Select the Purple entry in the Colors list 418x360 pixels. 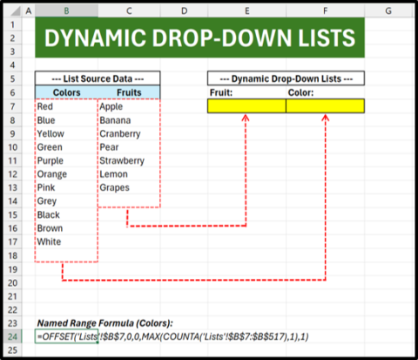click(51, 160)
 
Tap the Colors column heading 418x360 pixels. click(66, 92)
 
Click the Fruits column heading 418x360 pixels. click(129, 92)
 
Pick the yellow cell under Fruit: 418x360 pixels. click(246, 105)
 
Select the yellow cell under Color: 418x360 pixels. click(325, 105)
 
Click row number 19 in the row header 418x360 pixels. click(12, 269)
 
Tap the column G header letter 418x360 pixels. click(388, 11)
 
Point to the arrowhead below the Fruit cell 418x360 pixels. click(246, 117)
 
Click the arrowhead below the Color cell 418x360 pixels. click(326, 117)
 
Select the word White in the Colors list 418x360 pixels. click(49, 241)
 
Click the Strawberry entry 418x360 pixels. click(122, 160)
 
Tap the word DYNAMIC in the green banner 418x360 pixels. click(95, 37)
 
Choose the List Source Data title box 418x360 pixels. click(98, 78)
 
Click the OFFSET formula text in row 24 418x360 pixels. click(172, 336)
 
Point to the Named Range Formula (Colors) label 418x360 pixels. click(104, 323)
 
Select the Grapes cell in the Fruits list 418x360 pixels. click(114, 187)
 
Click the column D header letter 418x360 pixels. click(184, 11)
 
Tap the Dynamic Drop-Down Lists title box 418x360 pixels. click(286, 78)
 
